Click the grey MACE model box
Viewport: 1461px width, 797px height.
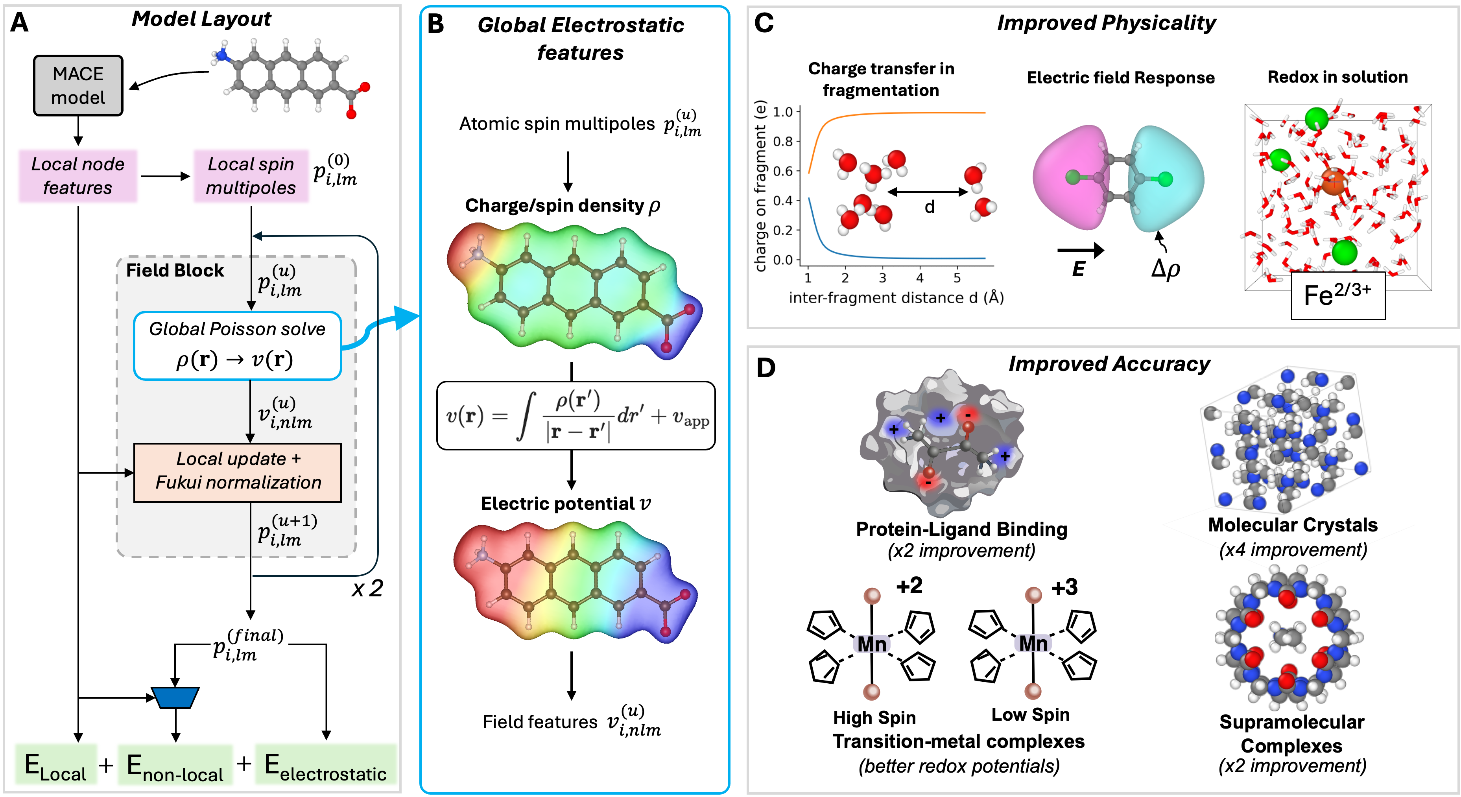pyautogui.click(x=78, y=86)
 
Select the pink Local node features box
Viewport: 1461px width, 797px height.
pyautogui.click(x=78, y=176)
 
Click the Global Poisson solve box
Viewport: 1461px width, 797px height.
pyautogui.click(x=237, y=345)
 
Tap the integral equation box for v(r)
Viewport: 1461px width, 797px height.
pyautogui.click(x=576, y=416)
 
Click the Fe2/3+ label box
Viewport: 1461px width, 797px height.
pyautogui.click(x=1338, y=295)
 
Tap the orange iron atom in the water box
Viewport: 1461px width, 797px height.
pyautogui.click(x=1334, y=181)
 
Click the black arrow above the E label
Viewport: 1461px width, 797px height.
pyautogui.click(x=1081, y=249)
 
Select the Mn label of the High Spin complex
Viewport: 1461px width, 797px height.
pyautogui.click(x=872, y=644)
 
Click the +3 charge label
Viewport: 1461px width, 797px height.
pyautogui.click(x=1064, y=587)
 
